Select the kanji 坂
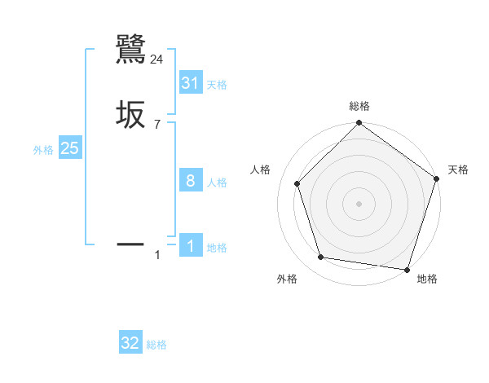point(131,114)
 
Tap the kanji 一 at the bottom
point(131,243)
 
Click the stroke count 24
point(157,59)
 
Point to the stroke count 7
point(156,125)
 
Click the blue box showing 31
point(190,83)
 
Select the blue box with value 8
point(190,181)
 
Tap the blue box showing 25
point(70,148)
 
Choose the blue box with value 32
point(130,343)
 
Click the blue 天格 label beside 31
point(217,85)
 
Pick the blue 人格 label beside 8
point(217,183)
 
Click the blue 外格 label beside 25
point(43,150)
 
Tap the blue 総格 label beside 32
point(156,345)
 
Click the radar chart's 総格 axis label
point(359,107)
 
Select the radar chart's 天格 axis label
point(458,169)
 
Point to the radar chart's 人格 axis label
point(260,169)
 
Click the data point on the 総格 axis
point(359,124)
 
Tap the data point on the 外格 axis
point(321,258)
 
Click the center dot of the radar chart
point(359,203)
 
